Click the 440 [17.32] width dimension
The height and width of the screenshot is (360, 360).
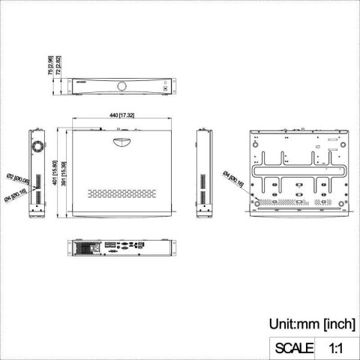click(x=122, y=115)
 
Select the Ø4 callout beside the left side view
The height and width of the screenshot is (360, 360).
click(x=16, y=196)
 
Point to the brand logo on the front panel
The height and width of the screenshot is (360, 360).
click(x=81, y=78)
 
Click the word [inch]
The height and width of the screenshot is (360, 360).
click(x=338, y=324)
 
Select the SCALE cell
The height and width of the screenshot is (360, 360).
click(x=294, y=346)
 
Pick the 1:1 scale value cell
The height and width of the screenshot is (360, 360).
click(x=336, y=346)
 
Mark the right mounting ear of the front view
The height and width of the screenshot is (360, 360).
click(x=172, y=89)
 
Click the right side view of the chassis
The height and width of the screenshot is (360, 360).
click(x=202, y=173)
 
